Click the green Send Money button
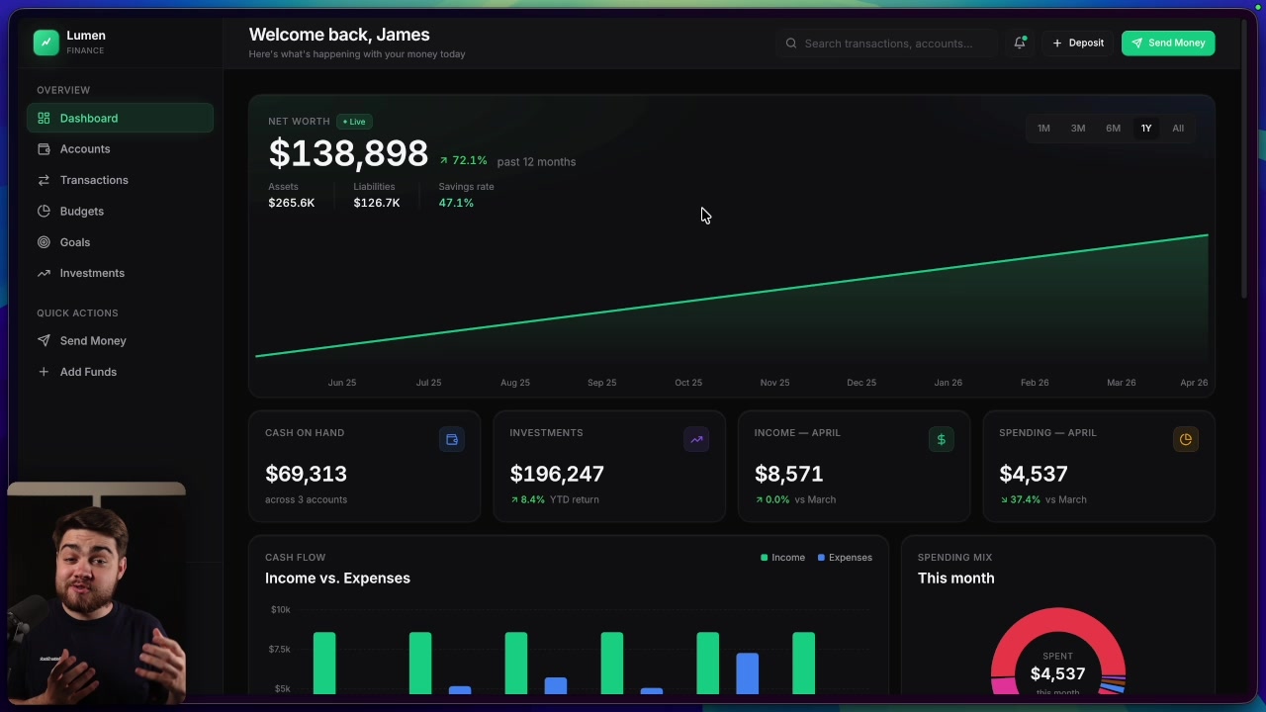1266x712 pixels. [x=1167, y=43]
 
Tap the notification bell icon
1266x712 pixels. [x=1019, y=43]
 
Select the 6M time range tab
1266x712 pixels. [x=1113, y=129]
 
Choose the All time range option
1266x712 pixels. [x=1177, y=129]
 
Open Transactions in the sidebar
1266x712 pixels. [x=94, y=180]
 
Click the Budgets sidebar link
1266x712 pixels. [x=81, y=211]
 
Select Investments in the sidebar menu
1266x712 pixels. [x=92, y=273]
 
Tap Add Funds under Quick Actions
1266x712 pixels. [x=88, y=372]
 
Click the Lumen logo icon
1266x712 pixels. [x=45, y=43]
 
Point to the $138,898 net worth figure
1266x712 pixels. [x=348, y=154]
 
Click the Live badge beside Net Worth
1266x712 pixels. [x=354, y=122]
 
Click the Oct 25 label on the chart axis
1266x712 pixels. [x=688, y=383]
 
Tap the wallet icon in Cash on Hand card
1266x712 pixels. [x=452, y=440]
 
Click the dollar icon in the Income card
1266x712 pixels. [x=941, y=440]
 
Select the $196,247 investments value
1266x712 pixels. [x=557, y=475]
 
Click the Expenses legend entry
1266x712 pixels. [x=845, y=558]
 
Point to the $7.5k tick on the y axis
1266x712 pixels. [x=280, y=650]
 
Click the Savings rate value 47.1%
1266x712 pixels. [x=456, y=203]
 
